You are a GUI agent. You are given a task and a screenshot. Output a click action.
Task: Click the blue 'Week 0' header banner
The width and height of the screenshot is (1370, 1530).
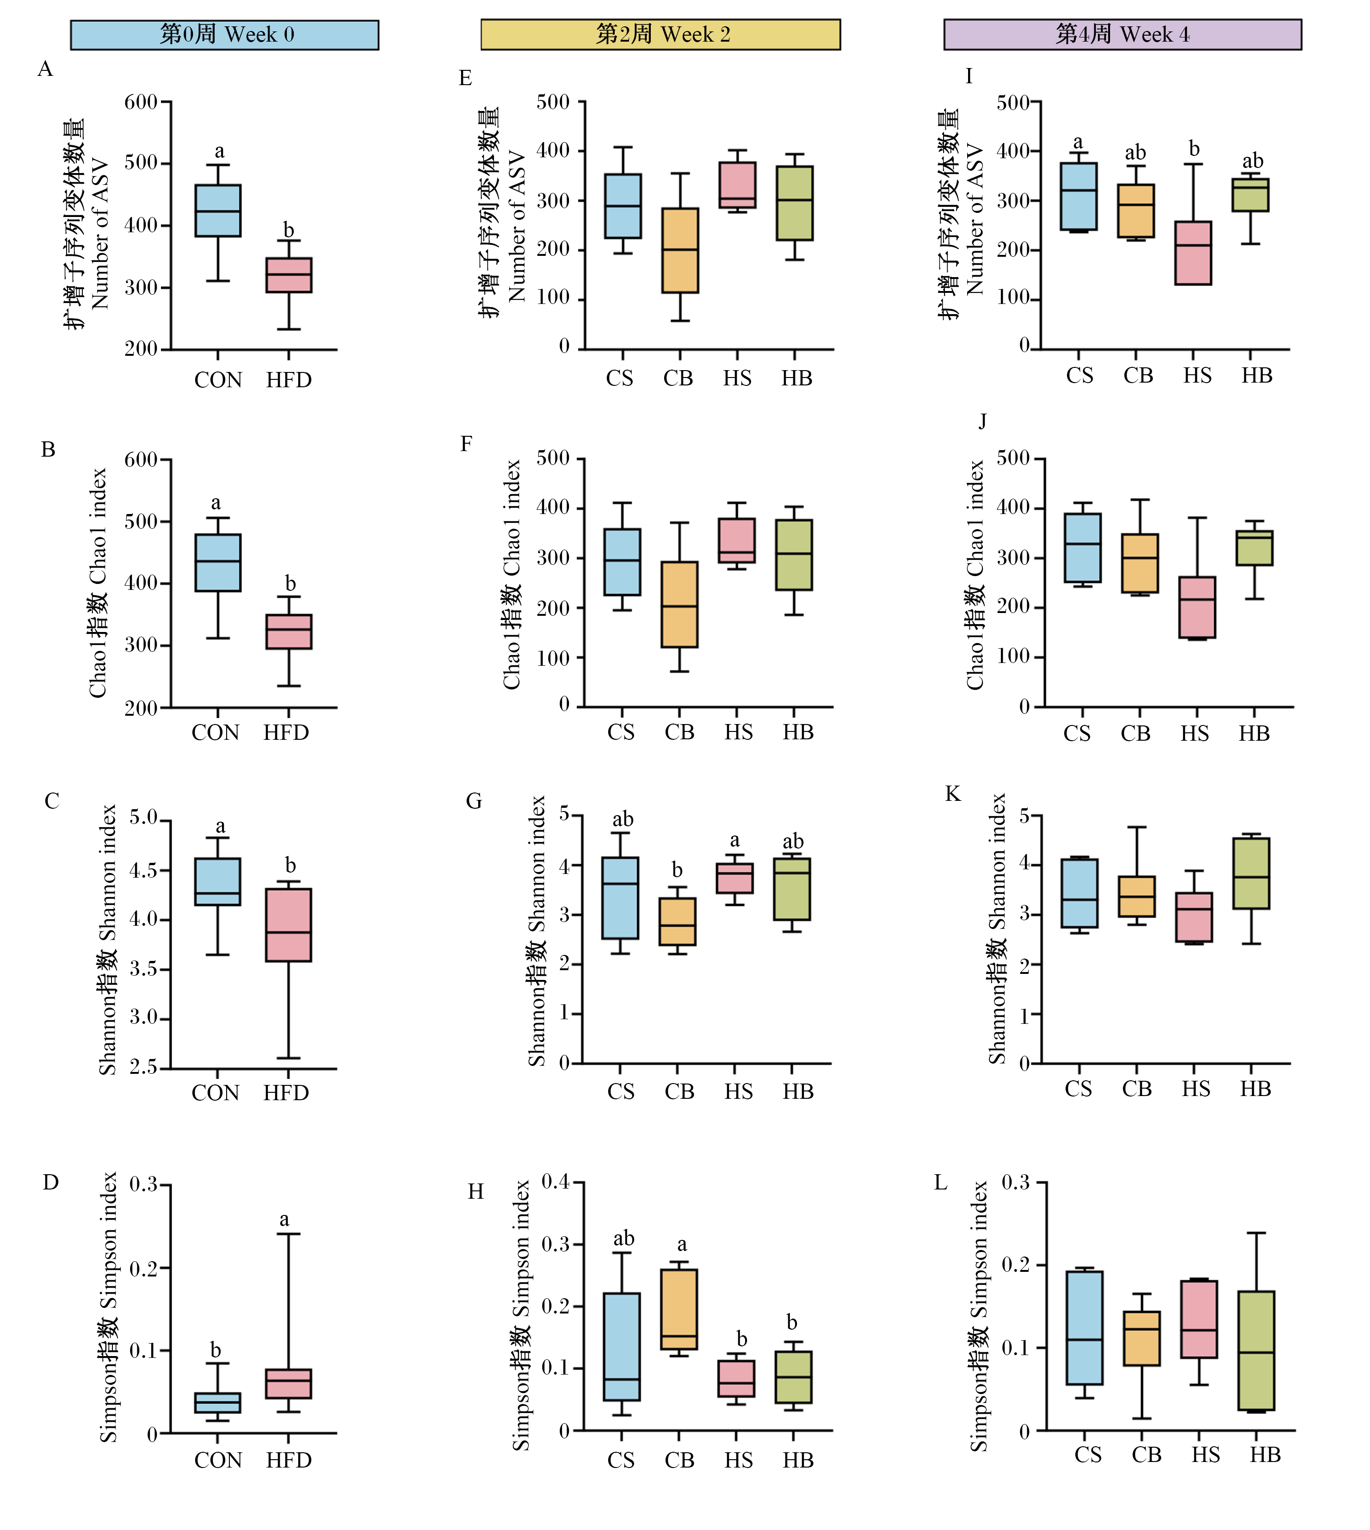coord(224,35)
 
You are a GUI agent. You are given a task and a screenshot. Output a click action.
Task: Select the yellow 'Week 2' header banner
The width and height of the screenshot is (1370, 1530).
coord(660,35)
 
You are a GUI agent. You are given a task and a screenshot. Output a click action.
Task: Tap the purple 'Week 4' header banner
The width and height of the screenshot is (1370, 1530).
coord(1123,35)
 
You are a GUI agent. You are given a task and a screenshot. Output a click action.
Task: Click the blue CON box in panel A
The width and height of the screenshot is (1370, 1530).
coord(218,211)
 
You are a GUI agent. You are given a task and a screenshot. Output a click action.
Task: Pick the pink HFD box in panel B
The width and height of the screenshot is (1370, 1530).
coord(289,632)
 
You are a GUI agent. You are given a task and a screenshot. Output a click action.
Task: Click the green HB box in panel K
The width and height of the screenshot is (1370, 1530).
coord(1251,873)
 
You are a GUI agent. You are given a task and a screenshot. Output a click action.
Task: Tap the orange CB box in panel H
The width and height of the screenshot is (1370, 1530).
coord(679,1309)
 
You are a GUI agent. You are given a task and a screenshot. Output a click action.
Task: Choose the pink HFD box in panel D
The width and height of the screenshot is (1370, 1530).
coord(289,1384)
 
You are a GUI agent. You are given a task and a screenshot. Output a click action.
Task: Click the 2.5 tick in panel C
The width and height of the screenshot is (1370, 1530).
coord(144,1068)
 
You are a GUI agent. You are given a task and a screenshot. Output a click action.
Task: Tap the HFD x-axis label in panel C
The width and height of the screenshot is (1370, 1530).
coord(286,1093)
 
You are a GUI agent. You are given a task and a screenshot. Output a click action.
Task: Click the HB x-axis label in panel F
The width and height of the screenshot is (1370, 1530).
coord(798,732)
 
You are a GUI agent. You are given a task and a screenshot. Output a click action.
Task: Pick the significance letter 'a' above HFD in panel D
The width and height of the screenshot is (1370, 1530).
coord(284,1219)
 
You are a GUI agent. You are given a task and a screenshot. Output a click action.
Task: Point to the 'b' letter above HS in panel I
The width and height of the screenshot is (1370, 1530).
coord(1194,149)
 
